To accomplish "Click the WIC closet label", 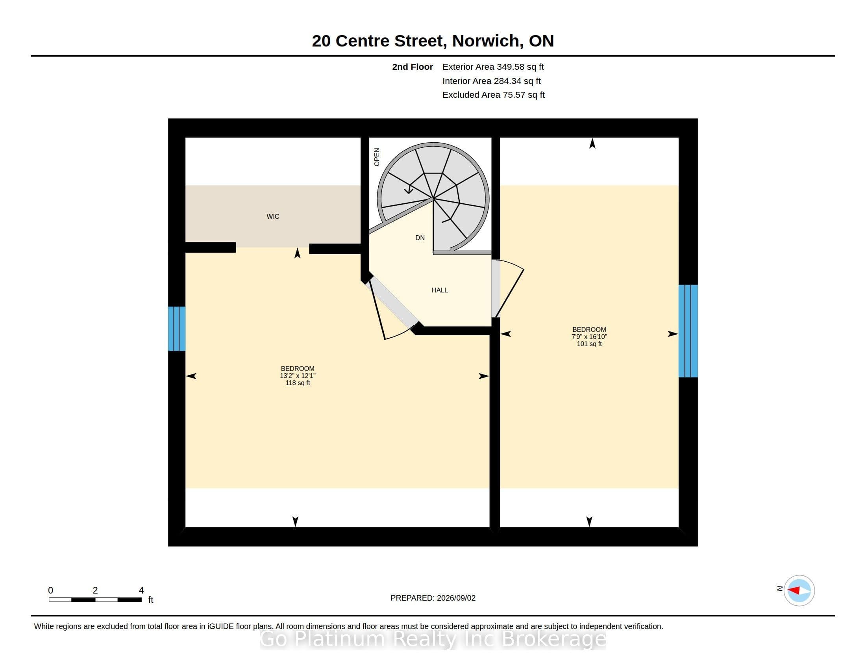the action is tap(273, 216).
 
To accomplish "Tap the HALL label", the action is tap(439, 290).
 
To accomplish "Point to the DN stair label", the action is tap(420, 238).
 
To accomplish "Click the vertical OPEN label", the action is tap(377, 157).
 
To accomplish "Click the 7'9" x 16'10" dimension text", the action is tap(589, 337).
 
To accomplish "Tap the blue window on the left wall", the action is tap(177, 329).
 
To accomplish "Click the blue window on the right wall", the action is tap(688, 331).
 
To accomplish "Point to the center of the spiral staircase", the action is tap(433, 197).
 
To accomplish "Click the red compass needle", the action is tap(794, 590).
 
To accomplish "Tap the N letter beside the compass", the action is tap(779, 588).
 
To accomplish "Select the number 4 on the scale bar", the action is tap(141, 590).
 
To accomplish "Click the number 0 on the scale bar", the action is tap(50, 590).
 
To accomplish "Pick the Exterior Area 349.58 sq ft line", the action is tap(493, 67).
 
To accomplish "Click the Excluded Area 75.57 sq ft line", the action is tap(493, 95).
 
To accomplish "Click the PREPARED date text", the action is tap(433, 598).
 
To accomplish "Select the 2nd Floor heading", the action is tap(413, 67).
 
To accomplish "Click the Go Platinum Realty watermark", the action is tap(433, 639).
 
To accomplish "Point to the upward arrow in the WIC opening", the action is tap(297, 253).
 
